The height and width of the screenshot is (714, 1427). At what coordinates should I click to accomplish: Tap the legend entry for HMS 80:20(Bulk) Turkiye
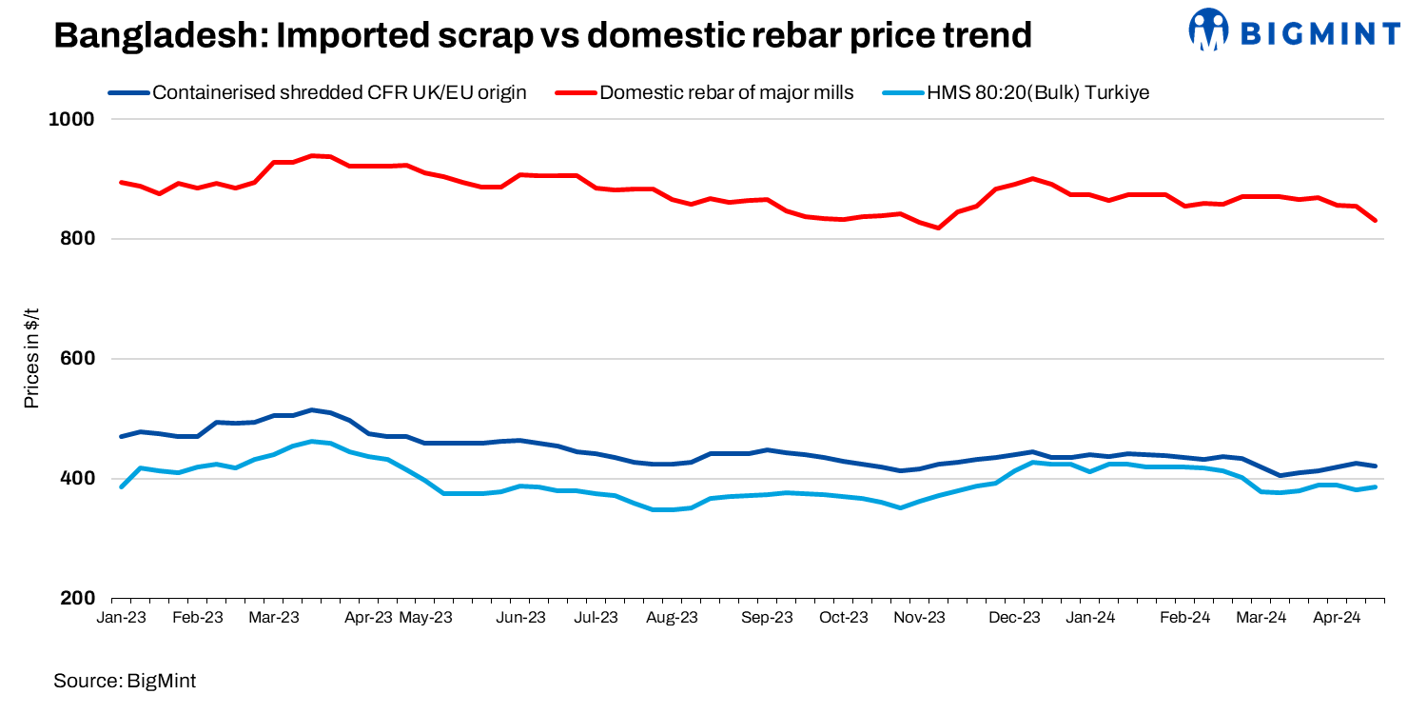[x=1039, y=92]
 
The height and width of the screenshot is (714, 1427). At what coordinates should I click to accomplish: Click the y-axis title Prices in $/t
[x=31, y=359]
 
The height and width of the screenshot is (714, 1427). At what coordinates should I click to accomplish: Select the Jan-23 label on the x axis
[x=122, y=617]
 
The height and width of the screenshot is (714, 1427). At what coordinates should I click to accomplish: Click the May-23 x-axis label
[x=425, y=617]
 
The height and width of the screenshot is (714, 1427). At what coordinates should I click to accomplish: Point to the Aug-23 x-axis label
[x=673, y=617]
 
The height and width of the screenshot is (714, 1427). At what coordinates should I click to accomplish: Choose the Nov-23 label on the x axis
[x=920, y=617]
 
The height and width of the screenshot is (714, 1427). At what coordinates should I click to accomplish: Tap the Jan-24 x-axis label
[x=1090, y=617]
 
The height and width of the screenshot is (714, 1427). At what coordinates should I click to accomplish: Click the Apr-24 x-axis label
[x=1336, y=617]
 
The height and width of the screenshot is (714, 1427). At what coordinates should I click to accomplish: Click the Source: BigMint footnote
[x=124, y=681]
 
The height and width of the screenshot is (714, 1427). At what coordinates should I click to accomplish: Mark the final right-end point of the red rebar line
[x=1375, y=221]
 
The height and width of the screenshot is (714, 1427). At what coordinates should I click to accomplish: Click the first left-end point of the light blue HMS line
[x=121, y=486]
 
